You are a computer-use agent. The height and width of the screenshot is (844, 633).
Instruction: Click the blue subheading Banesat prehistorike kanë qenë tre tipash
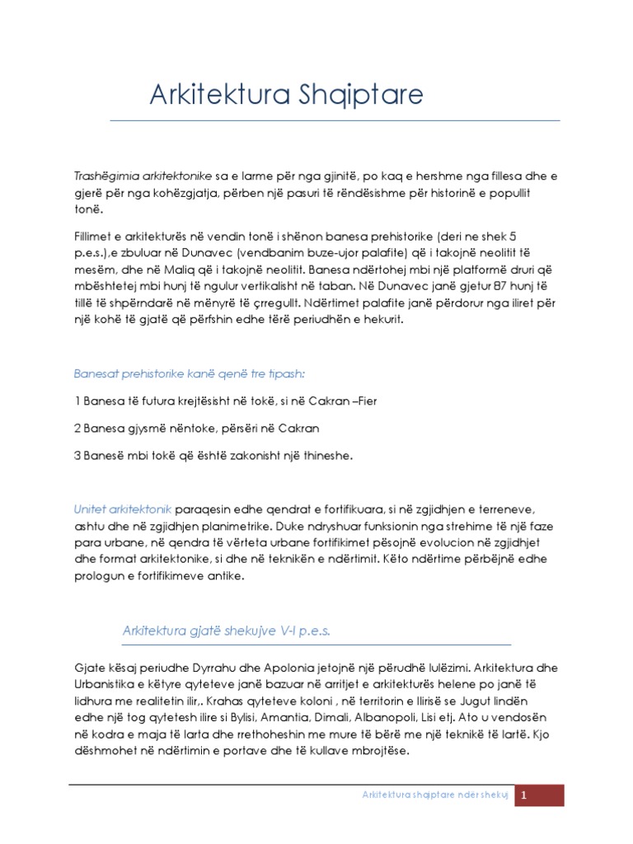coord(189,373)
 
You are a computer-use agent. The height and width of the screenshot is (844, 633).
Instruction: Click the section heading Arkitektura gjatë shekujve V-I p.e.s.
coord(226,631)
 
